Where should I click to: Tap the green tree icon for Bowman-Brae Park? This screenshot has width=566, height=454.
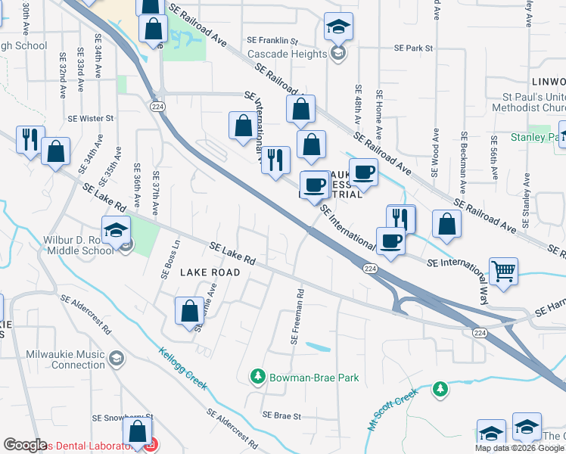(257, 376)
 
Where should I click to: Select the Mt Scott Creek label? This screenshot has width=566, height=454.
(393, 409)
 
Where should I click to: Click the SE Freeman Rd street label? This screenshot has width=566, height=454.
(297, 316)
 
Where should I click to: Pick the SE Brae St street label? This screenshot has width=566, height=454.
(281, 415)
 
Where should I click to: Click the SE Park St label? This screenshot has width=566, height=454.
(412, 48)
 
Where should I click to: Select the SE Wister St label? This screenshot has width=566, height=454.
(90, 118)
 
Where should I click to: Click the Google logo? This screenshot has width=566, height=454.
(25, 445)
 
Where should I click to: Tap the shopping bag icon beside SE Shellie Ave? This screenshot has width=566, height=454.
(189, 310)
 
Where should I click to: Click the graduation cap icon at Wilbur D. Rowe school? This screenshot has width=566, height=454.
(117, 230)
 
